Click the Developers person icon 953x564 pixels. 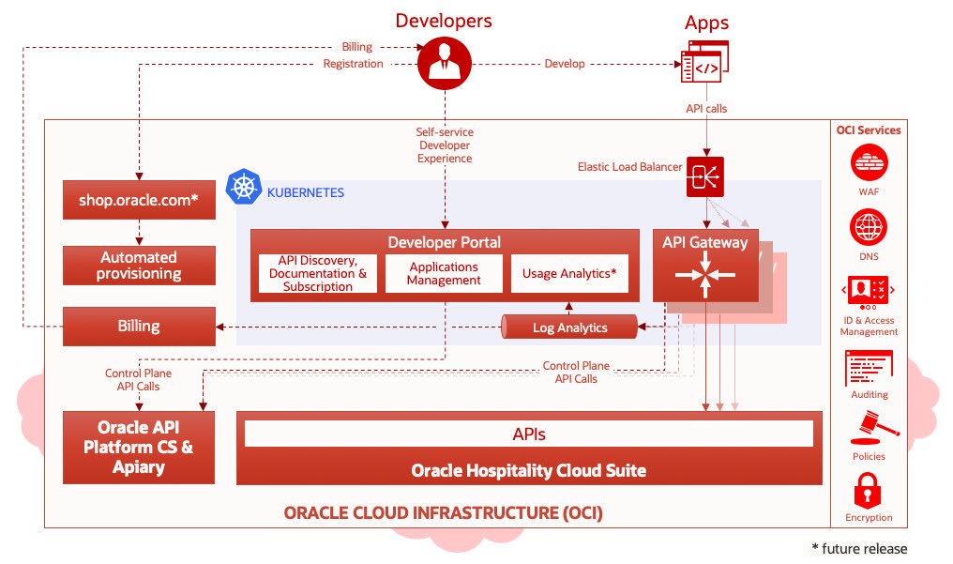[445, 63]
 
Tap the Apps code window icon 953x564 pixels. [705, 62]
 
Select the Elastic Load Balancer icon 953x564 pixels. [705, 176]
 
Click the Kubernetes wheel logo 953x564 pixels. [244, 187]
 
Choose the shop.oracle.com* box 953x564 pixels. [139, 200]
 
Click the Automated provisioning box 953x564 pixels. [139, 266]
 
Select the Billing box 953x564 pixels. [139, 327]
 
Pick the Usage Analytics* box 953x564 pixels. [569, 273]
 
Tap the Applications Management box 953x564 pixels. [444, 273]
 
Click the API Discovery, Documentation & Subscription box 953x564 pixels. [318, 273]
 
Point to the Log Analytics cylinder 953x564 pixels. [569, 327]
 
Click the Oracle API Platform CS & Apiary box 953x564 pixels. [139, 448]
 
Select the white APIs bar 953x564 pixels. [529, 434]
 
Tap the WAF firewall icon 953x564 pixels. [870, 162]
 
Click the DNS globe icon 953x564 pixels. [869, 227]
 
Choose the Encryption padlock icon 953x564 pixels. [868, 490]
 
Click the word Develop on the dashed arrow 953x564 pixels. [565, 64]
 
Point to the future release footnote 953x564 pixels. [859, 549]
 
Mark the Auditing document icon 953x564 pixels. [869, 368]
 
